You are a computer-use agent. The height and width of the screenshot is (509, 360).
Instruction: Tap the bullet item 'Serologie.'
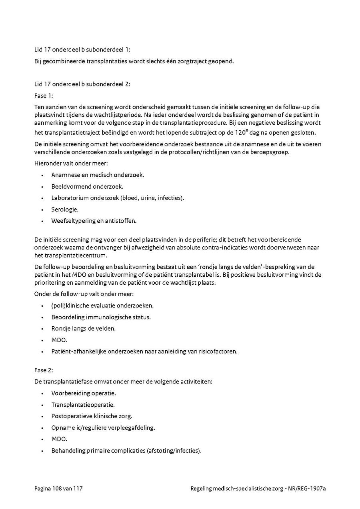(65, 209)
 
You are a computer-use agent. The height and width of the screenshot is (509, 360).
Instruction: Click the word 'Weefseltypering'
(73, 220)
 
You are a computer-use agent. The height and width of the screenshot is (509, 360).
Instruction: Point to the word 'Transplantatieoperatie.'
(83, 405)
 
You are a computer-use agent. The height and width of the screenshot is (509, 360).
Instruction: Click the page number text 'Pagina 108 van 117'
(58, 488)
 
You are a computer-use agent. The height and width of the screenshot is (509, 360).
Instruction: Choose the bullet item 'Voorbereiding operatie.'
(83, 393)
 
